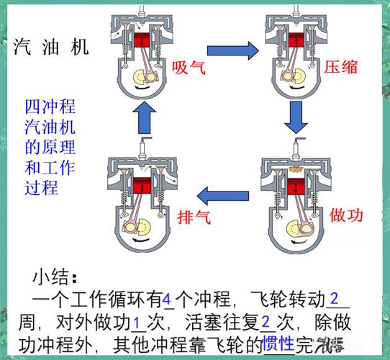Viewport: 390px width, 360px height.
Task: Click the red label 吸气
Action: click(x=189, y=68)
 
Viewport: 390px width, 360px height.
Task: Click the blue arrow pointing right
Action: click(x=232, y=50)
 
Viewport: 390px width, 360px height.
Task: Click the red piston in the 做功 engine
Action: click(x=294, y=186)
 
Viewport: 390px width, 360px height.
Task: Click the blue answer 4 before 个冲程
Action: click(x=167, y=297)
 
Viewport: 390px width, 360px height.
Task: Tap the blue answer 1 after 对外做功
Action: click(x=137, y=320)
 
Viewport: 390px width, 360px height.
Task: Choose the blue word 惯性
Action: click(x=278, y=343)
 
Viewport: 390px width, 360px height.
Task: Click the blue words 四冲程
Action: click(x=50, y=109)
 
